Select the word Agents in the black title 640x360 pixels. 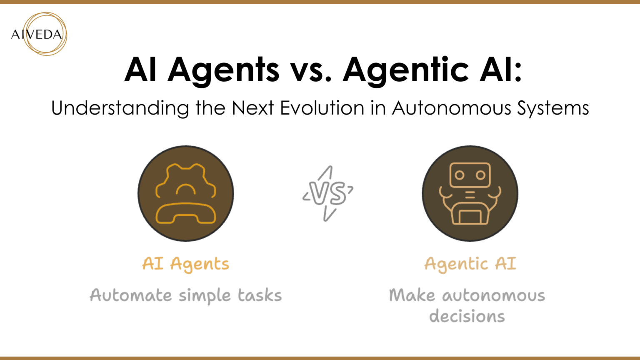pyautogui.click(x=223, y=70)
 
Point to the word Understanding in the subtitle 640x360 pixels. pyautogui.click(x=120, y=108)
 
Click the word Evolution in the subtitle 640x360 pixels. pyautogui.click(x=322, y=108)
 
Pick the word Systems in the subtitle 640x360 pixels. pyautogui.click(x=553, y=108)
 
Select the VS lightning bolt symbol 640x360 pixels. pyautogui.click(x=328, y=193)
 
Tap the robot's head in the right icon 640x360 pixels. pyautogui.click(x=470, y=175)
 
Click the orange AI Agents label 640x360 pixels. pyautogui.click(x=186, y=264)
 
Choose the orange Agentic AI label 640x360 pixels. pyautogui.click(x=470, y=264)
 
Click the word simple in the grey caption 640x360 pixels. pyautogui.click(x=205, y=296)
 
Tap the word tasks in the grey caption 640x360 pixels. pyautogui.click(x=260, y=295)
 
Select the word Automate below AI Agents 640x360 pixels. pyautogui.click(x=131, y=295)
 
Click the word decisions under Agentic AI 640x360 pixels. pyautogui.click(x=467, y=316)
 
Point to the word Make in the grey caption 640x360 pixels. pyautogui.click(x=412, y=295)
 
